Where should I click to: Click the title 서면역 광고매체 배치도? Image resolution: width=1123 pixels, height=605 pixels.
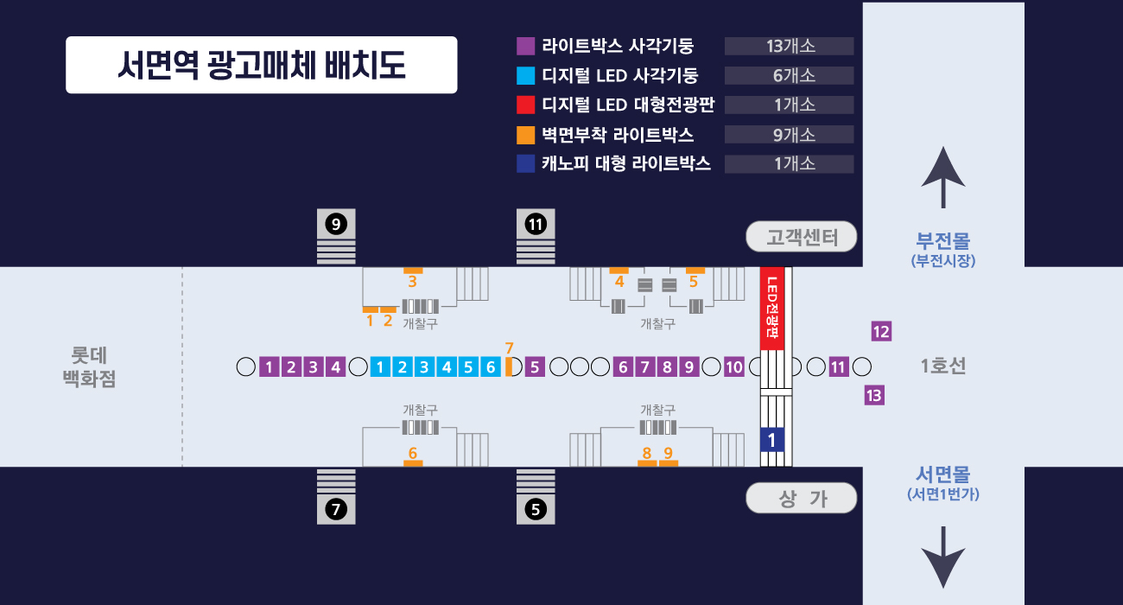click(261, 65)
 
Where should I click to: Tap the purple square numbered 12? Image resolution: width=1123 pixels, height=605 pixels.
click(881, 331)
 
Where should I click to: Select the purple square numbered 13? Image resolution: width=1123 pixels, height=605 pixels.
click(874, 396)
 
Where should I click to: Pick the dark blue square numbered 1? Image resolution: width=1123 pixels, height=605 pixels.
click(771, 440)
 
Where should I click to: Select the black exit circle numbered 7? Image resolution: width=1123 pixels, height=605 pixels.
click(336, 510)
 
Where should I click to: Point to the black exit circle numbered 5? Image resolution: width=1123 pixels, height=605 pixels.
click(536, 510)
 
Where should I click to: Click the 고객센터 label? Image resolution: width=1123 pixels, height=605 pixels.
click(802, 237)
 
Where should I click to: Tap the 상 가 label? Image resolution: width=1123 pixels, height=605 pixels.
click(802, 498)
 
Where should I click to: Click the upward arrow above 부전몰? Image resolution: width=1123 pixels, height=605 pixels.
click(942, 178)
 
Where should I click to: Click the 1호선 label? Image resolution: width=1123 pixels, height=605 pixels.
click(943, 366)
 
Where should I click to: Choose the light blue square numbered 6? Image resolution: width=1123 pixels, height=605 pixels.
click(490, 366)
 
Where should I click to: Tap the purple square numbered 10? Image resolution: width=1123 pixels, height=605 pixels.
click(733, 366)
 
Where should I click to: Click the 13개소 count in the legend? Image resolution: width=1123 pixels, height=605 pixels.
click(790, 47)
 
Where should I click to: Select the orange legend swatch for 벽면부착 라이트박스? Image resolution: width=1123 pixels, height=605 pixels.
click(525, 135)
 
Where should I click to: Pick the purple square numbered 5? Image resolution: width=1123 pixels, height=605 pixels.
click(535, 366)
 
